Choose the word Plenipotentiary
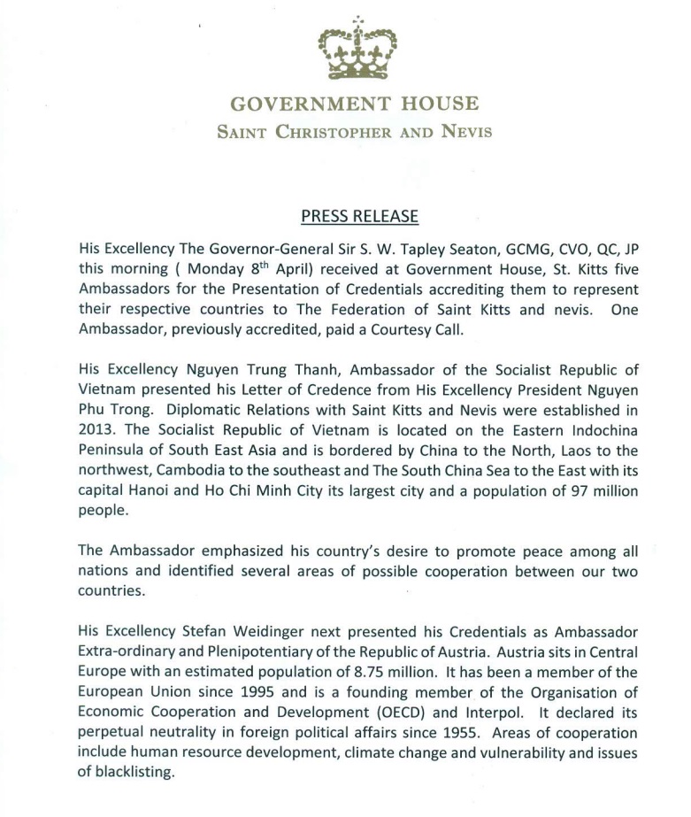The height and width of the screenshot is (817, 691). (256, 651)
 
